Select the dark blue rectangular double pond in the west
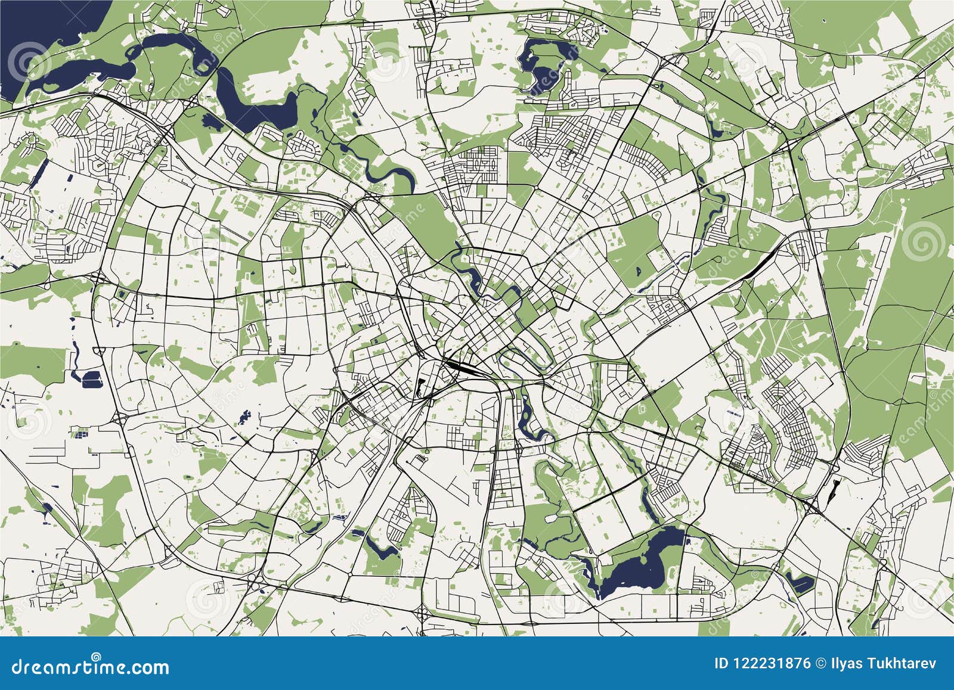coord(89,378)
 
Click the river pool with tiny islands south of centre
coord(528,417)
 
